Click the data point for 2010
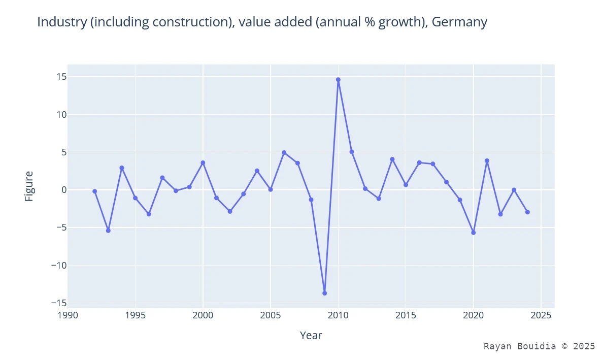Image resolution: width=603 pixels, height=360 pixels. pos(338,80)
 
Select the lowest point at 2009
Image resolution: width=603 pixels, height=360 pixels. pos(324,293)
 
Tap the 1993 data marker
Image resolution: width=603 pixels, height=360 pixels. pos(108,231)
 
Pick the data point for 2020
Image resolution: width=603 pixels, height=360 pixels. pos(474,233)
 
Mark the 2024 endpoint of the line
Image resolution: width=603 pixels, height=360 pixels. pos(527,212)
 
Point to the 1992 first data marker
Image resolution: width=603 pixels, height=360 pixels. pos(94,191)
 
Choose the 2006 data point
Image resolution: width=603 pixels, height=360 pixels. pos(284,152)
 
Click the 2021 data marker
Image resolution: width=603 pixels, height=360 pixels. pos(487,160)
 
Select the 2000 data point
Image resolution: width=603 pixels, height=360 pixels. pos(203,162)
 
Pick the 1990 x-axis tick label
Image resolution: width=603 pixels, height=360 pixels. pos(68,315)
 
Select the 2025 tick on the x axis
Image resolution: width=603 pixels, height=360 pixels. pos(541,315)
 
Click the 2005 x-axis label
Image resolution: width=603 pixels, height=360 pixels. pos(271,315)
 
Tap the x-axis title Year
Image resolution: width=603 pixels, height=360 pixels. pos(311,335)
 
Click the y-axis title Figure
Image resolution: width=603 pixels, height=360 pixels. pos(29,186)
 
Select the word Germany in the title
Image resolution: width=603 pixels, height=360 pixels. pos(459,22)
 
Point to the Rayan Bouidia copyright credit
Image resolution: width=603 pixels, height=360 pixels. pos(539,346)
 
